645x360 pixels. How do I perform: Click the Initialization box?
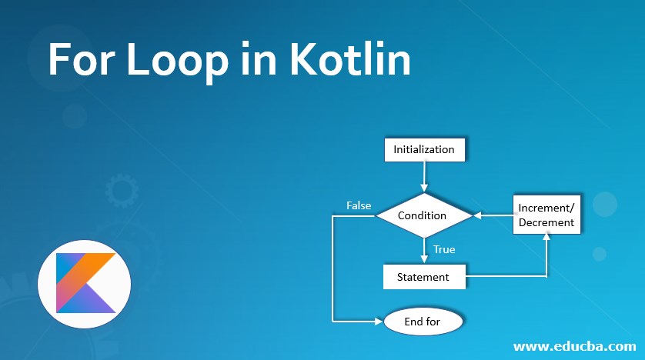coord(424,149)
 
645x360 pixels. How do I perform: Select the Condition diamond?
coord(423,215)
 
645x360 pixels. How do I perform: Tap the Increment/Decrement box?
coord(546,215)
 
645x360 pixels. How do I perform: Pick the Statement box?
coord(424,276)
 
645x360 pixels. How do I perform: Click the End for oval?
coord(423,322)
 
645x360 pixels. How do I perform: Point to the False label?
coord(359,205)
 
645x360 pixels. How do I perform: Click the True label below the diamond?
coord(444,249)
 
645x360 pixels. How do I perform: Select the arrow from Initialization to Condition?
coord(424,176)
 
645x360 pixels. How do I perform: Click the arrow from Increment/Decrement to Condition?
coord(493,215)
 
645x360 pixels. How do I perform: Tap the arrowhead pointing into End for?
coord(379,322)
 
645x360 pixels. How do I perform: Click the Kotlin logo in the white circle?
coord(85,284)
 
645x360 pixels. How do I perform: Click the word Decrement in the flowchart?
coord(546,222)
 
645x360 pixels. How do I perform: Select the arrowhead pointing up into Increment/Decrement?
coord(546,238)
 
